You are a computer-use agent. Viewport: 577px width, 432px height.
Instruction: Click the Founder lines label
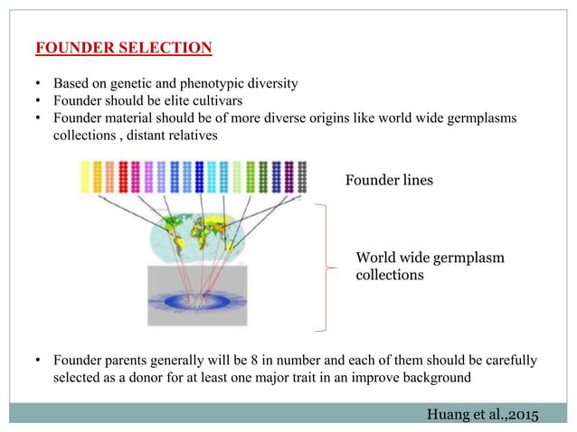coord(389,181)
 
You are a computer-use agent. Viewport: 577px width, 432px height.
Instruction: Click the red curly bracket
coord(321,268)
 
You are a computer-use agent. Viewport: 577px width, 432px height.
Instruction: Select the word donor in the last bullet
coord(157,378)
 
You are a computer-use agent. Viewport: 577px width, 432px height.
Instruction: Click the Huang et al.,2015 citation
coord(479,414)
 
